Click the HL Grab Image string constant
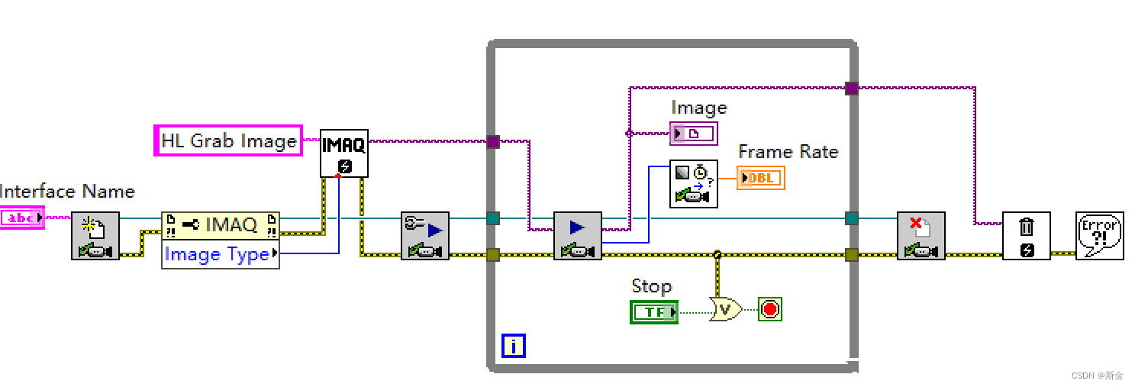tap(228, 140)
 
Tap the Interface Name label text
tap(67, 192)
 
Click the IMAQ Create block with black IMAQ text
tap(343, 153)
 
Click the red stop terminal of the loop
tap(770, 309)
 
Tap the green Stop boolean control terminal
tap(653, 311)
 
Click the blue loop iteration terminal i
tap(513, 346)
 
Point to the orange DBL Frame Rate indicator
tap(760, 178)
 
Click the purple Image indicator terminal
tap(693, 134)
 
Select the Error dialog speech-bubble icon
tap(1099, 235)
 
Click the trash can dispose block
tap(1026, 235)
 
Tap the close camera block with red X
tap(921, 235)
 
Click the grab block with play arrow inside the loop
tap(577, 235)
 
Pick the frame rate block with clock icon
tap(693, 183)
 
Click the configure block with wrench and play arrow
tap(425, 235)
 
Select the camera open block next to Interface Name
tap(95, 235)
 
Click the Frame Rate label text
tap(788, 152)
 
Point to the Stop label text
tap(651, 286)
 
